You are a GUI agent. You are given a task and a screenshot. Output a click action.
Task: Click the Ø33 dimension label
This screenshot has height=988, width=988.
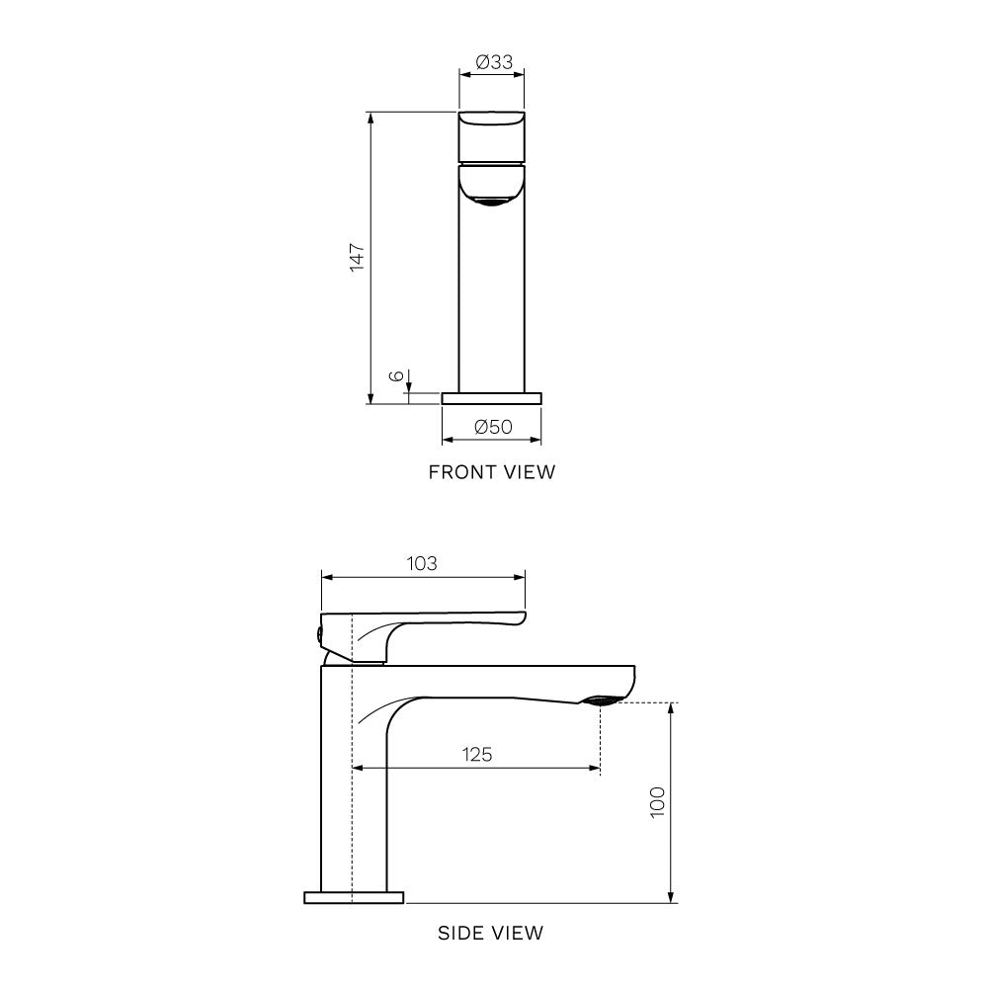pyautogui.click(x=494, y=61)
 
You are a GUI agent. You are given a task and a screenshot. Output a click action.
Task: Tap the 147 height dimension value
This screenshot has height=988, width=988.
pyautogui.click(x=358, y=257)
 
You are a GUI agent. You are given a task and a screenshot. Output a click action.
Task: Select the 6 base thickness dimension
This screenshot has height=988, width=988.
pyautogui.click(x=396, y=376)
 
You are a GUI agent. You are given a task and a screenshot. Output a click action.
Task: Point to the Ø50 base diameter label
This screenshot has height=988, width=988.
pyautogui.click(x=493, y=427)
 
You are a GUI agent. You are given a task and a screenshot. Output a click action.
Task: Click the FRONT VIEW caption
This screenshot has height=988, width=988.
pyautogui.click(x=491, y=472)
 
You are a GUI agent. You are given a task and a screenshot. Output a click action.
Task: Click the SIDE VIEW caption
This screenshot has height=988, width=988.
pyautogui.click(x=490, y=933)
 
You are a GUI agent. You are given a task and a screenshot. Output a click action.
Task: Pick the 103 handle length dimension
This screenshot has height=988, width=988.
pyautogui.click(x=422, y=563)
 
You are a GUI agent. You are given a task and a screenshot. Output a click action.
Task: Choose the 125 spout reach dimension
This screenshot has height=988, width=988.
pyautogui.click(x=477, y=754)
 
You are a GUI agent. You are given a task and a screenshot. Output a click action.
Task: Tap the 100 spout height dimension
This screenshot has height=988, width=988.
pyautogui.click(x=657, y=802)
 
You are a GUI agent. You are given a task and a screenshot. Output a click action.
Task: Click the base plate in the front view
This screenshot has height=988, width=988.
pyautogui.click(x=491, y=398)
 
